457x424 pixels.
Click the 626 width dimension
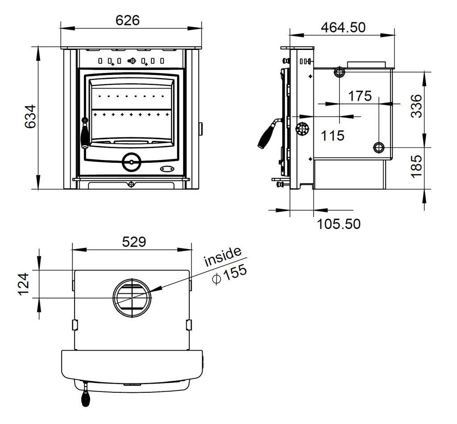pyautogui.click(x=128, y=20)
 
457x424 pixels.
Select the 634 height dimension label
pyautogui.click(x=29, y=117)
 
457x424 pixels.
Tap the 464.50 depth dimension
pyautogui.click(x=343, y=27)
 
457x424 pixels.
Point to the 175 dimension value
pyautogui.click(x=360, y=96)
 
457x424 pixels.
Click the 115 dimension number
pyautogui.click(x=333, y=135)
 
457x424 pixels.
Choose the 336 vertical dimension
pyautogui.click(x=415, y=106)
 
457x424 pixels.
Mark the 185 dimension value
pyautogui.click(x=415, y=166)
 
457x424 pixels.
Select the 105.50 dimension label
pyautogui.click(x=338, y=223)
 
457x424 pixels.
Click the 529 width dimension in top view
pyautogui.click(x=133, y=242)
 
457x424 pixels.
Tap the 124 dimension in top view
pyautogui.click(x=23, y=284)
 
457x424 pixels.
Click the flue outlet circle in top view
pyautogui.click(x=132, y=296)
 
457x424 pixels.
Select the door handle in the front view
pyautogui.click(x=85, y=134)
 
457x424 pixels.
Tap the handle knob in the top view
pyautogui.click(x=85, y=397)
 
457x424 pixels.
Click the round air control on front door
pyautogui.click(x=131, y=162)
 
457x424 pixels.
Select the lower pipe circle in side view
pyautogui.click(x=378, y=147)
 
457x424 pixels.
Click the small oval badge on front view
pyautogui.click(x=167, y=169)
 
